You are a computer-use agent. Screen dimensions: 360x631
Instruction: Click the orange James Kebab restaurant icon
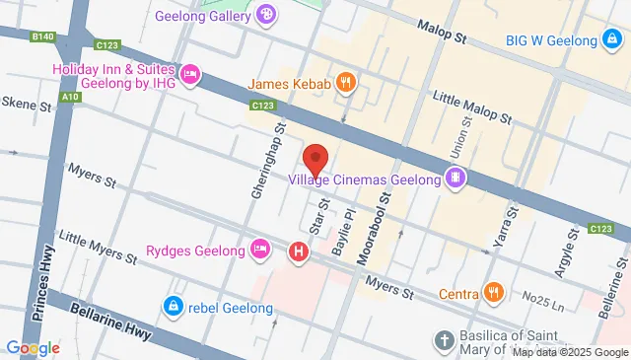(344, 84)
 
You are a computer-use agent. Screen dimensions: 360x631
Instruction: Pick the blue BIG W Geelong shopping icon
(612, 40)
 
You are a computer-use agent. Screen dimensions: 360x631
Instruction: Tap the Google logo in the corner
(33, 347)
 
